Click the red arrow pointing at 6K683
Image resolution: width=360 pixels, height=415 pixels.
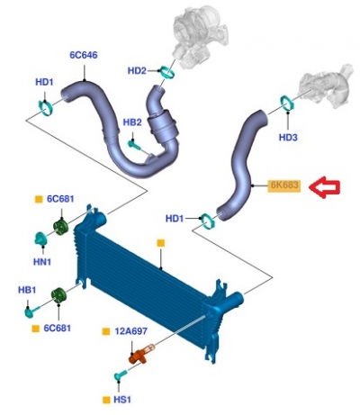(x=324, y=187)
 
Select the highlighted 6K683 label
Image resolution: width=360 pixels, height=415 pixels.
(x=283, y=185)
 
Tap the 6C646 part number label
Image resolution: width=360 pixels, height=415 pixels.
(x=84, y=55)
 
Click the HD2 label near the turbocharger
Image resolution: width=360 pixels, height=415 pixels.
(x=137, y=71)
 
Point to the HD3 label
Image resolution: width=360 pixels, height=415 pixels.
(x=288, y=138)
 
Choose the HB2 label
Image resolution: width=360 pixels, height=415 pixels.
(x=132, y=122)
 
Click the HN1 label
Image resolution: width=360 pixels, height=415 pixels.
(x=42, y=262)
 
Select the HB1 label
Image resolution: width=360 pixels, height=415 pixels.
(x=27, y=290)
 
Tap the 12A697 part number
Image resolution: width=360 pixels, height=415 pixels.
(x=131, y=331)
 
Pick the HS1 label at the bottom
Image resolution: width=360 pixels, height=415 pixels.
(x=122, y=400)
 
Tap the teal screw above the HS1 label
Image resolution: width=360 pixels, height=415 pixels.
(x=121, y=375)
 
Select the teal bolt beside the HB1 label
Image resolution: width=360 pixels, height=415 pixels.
(x=32, y=311)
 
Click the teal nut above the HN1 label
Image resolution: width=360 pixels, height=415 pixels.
(x=41, y=239)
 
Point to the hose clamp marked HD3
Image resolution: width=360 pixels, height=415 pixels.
(x=287, y=103)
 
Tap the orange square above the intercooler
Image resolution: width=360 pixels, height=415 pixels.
(x=161, y=243)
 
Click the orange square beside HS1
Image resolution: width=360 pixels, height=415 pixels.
(x=106, y=400)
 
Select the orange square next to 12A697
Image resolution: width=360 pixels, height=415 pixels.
(x=106, y=331)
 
